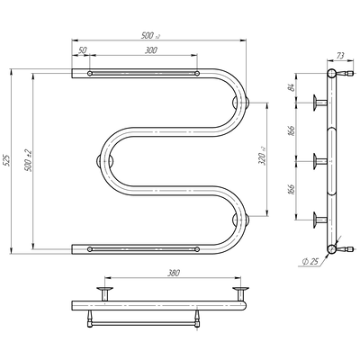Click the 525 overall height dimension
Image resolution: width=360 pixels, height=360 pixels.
point(8,160)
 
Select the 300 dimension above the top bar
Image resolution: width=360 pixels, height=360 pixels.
point(150,50)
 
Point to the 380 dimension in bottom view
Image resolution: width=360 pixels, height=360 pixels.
point(174,273)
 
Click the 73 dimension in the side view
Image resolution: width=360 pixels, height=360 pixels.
point(340,56)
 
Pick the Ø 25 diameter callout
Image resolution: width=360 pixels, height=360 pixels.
point(310,262)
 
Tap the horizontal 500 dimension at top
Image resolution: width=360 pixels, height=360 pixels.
point(150,36)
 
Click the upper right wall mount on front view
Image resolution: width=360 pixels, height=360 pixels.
point(240,103)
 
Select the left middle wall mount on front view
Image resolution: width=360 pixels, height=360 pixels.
point(104,161)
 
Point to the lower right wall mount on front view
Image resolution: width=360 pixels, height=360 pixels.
point(240,220)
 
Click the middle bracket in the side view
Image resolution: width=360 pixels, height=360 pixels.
point(319,161)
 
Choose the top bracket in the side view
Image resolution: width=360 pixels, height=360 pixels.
point(319,103)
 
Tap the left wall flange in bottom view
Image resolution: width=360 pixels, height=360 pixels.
point(104,293)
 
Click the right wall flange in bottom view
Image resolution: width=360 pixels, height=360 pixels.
point(240,293)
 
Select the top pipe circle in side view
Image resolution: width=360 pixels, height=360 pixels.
point(331,73)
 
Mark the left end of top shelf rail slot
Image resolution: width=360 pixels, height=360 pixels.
point(90,73)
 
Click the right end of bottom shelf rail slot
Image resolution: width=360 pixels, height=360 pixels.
point(197,249)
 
